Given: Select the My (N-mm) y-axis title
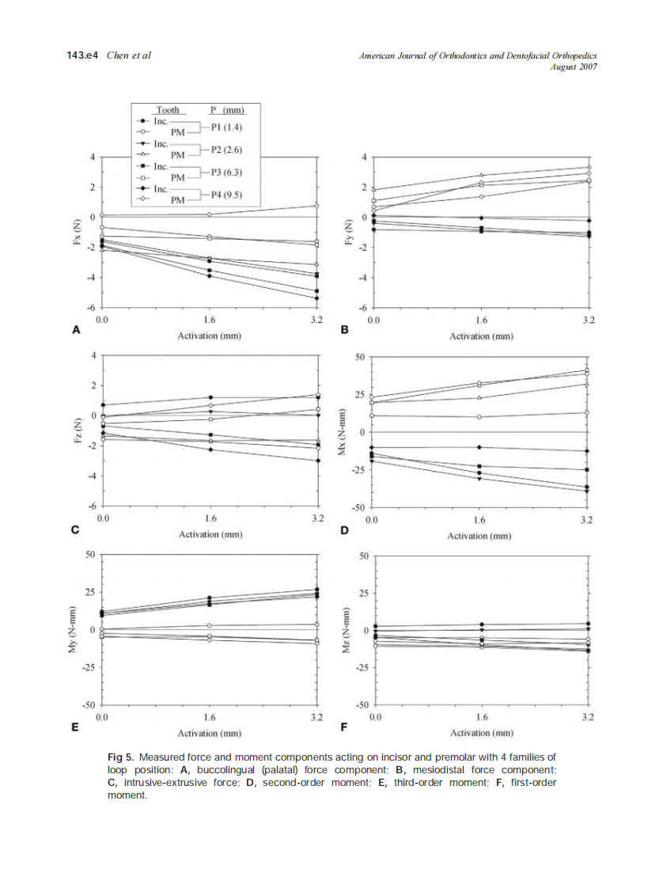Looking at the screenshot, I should pos(73,630).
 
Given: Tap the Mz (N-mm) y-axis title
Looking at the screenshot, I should pos(346,630).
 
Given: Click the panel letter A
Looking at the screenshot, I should pos(76,331).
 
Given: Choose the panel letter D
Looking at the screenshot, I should pos(345,530).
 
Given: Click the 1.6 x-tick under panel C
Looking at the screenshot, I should pos(210,518).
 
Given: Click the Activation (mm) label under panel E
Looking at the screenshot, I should pos(209,734).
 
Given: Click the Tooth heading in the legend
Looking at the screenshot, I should pos(167,110).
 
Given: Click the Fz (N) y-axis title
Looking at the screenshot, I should pos(77,431).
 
